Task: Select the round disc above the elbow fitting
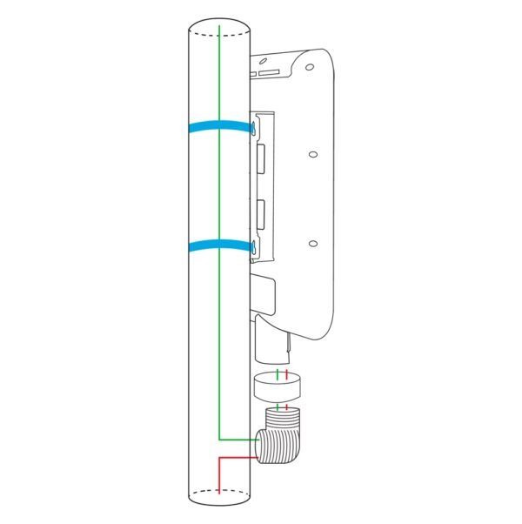279,388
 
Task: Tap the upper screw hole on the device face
312,155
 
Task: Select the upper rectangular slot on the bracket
261,158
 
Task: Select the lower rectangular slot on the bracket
261,212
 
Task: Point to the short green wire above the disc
277,374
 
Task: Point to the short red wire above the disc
286,374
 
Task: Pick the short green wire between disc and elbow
277,406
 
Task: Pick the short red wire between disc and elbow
286,406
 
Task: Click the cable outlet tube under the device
273,345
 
